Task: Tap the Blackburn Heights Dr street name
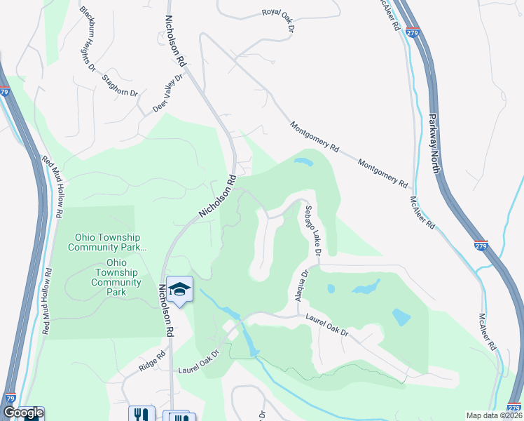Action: [x=88, y=39]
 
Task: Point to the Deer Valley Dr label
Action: [x=167, y=94]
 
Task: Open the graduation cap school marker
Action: [x=180, y=288]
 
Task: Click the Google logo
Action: [x=22, y=413]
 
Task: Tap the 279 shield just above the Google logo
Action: [x=10, y=398]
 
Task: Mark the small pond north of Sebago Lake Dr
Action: [x=303, y=163]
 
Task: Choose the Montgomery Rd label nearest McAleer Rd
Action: [x=382, y=173]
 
